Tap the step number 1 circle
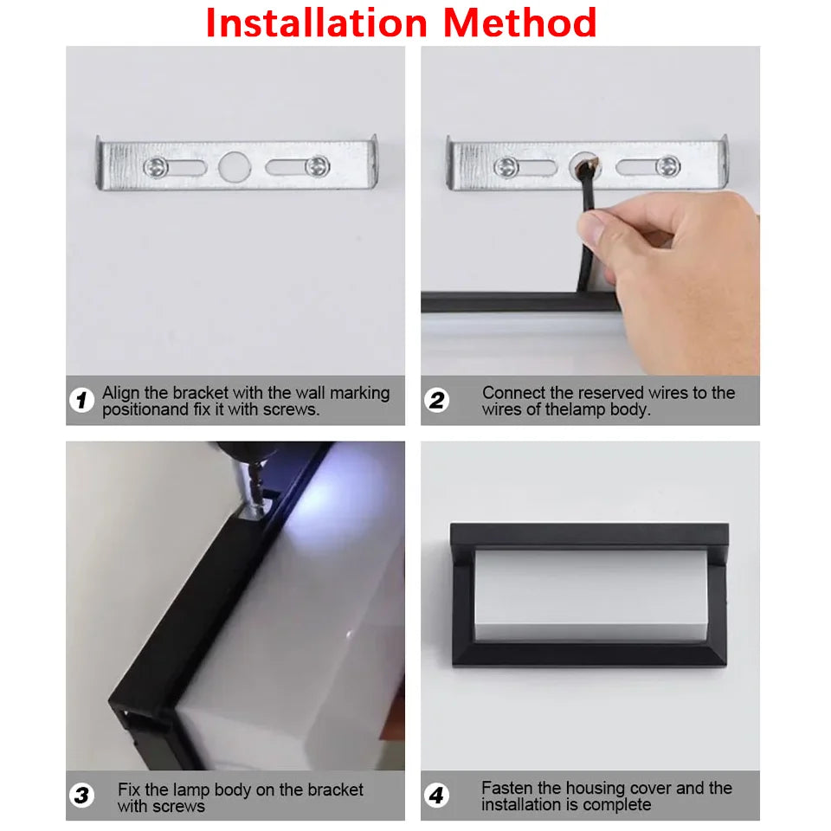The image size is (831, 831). click(x=82, y=401)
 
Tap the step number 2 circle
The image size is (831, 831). click(x=437, y=401)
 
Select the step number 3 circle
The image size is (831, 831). click(x=82, y=796)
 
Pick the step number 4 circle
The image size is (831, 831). click(x=437, y=796)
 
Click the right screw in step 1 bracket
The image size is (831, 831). click(x=318, y=164)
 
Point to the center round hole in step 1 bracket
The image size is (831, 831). click(x=232, y=167)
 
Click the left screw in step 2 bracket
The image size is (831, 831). click(x=506, y=167)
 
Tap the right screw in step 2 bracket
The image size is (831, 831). click(x=667, y=165)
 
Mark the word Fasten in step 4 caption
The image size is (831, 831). click(x=506, y=789)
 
